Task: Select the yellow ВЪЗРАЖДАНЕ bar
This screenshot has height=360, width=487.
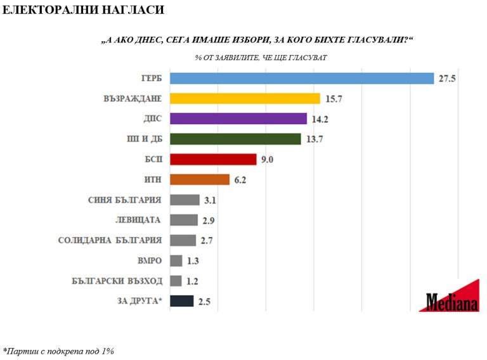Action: [x=245, y=98]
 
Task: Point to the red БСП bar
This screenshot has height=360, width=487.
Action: [x=213, y=159]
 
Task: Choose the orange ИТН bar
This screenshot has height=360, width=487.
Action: [x=200, y=179]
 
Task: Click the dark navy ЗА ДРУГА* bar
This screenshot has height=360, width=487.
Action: [x=182, y=301]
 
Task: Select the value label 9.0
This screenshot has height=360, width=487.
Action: [x=267, y=160]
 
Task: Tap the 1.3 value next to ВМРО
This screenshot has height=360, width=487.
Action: [x=194, y=260]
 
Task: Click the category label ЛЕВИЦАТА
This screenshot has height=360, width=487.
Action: [x=139, y=220]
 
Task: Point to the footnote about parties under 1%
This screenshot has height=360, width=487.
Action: [x=58, y=350]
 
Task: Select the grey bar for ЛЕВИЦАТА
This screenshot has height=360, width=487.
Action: [x=185, y=220]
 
